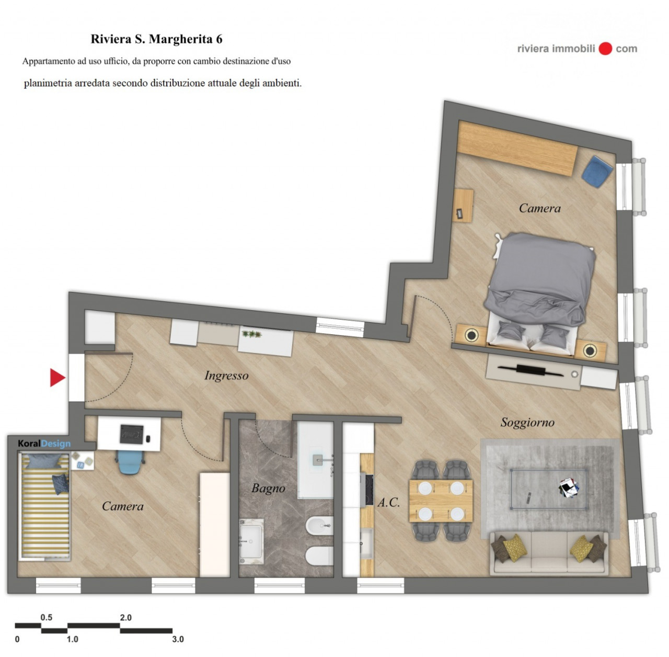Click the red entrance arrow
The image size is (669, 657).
coord(57,377)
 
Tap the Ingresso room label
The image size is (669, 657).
coord(226,376)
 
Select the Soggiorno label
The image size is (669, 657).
coord(527,423)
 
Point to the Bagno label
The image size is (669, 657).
coord(268,489)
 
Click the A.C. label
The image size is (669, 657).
coord(388,502)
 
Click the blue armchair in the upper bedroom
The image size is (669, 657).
coord(597,172)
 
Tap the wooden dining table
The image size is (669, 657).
coord(441,501)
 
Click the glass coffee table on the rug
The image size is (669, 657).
coord(549,489)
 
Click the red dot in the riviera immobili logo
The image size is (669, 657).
coord(605,49)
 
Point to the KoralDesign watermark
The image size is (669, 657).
coord(44,444)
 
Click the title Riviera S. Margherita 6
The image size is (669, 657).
coord(157,39)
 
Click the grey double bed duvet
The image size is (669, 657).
coord(540,278)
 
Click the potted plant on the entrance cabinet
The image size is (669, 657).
coord(252,334)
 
